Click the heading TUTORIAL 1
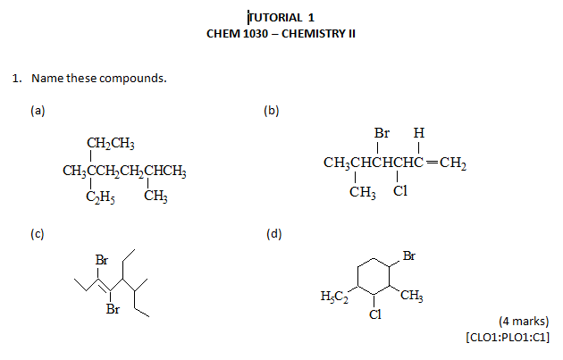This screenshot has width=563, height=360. (281, 17)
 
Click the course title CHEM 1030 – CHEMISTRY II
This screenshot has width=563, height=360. (281, 34)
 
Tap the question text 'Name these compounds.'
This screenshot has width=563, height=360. (98, 79)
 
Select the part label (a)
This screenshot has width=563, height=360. (37, 111)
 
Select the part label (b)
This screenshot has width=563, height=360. (272, 111)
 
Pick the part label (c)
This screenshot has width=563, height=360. (37, 234)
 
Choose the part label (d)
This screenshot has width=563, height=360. (274, 234)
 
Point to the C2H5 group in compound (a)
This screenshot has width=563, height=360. (100, 197)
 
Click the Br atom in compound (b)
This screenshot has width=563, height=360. (382, 134)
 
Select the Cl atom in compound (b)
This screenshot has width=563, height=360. (400, 191)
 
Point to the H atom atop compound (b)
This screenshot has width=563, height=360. (418, 134)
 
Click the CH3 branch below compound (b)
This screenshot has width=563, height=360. (363, 191)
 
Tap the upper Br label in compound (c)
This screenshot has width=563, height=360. (101, 261)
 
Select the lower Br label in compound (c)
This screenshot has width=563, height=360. (113, 310)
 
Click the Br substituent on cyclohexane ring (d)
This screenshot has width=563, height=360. (408, 256)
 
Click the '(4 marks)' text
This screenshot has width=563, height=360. (524, 321)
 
